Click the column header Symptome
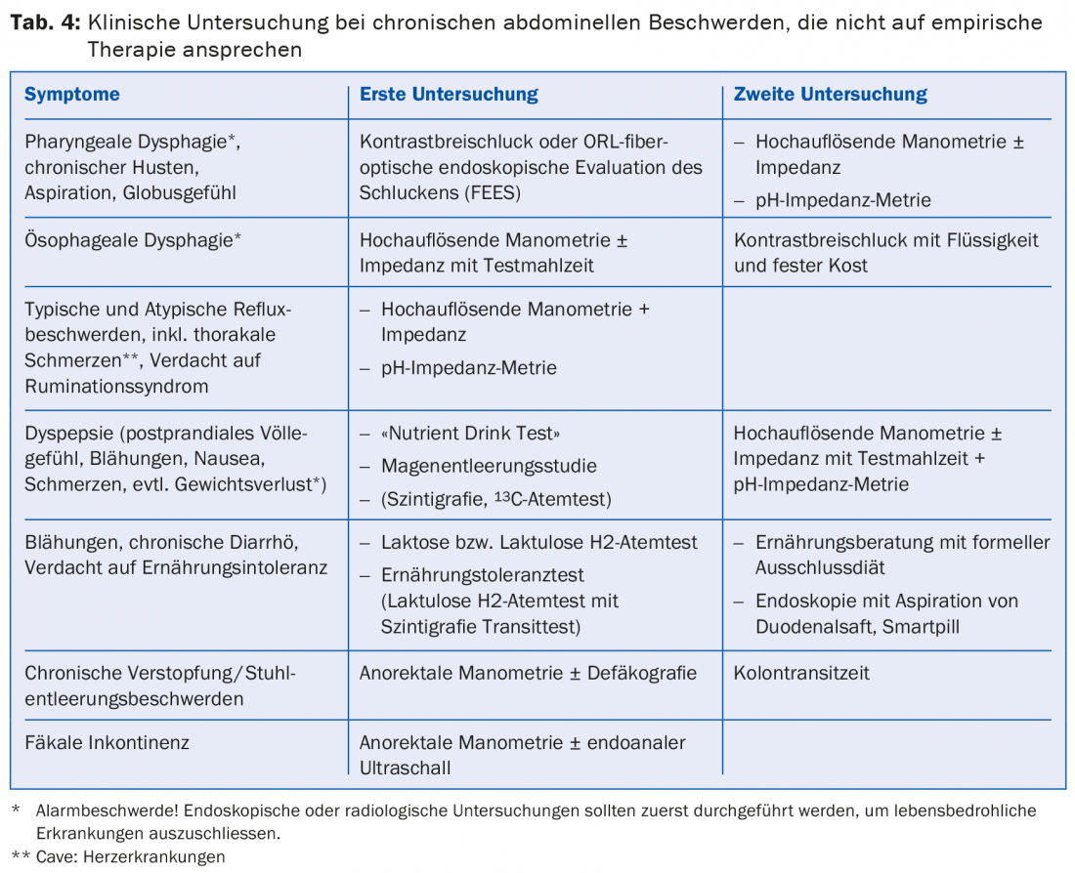point(72,95)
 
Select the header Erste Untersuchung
point(449,95)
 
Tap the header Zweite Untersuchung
point(830,95)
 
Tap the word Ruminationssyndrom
point(116,386)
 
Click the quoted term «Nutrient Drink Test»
point(471,433)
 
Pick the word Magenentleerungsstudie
point(489,466)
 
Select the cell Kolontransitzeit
point(801,673)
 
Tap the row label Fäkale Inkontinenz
point(107,742)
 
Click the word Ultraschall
point(406,768)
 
